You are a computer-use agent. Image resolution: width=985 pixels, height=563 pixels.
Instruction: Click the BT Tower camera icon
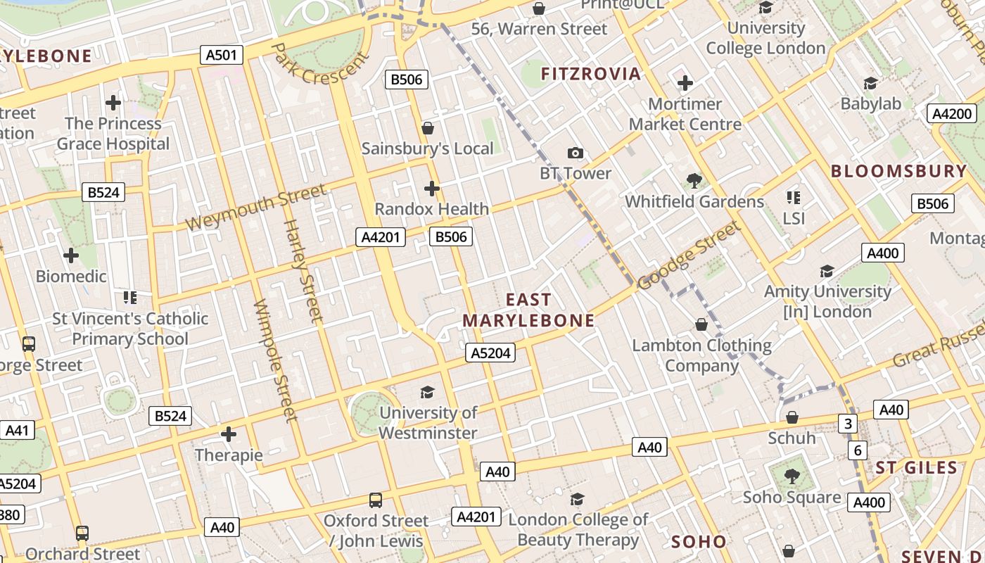(575, 153)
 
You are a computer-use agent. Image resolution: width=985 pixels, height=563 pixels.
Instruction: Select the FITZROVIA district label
(591, 74)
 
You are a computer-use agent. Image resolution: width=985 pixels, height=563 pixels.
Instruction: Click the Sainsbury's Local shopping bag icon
(427, 128)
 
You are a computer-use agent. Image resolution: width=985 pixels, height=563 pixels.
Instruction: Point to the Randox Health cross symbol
(432, 189)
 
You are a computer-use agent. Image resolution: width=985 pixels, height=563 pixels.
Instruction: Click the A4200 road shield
(951, 114)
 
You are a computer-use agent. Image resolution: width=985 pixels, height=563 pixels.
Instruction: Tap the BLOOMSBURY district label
(899, 171)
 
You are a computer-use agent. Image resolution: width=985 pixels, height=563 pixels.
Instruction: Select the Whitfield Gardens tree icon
(694, 181)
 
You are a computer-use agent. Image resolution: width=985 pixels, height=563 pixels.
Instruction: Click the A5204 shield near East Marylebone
(490, 353)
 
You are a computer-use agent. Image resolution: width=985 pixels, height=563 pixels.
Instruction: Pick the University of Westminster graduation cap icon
(427, 392)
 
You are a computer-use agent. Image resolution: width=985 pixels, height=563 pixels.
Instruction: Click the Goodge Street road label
(689, 255)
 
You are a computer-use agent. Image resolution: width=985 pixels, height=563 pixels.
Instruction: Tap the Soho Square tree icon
(792, 476)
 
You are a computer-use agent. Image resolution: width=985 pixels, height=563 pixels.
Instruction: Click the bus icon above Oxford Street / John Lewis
(376, 500)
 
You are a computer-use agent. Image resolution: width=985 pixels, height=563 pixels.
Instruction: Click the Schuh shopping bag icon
(792, 417)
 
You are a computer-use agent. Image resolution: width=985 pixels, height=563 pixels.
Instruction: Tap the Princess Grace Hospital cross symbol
(113, 103)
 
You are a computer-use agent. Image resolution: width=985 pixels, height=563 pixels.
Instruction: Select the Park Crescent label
(320, 63)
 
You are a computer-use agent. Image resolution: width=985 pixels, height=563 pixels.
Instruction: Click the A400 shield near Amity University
(882, 253)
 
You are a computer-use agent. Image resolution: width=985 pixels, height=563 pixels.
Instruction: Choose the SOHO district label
(698, 542)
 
